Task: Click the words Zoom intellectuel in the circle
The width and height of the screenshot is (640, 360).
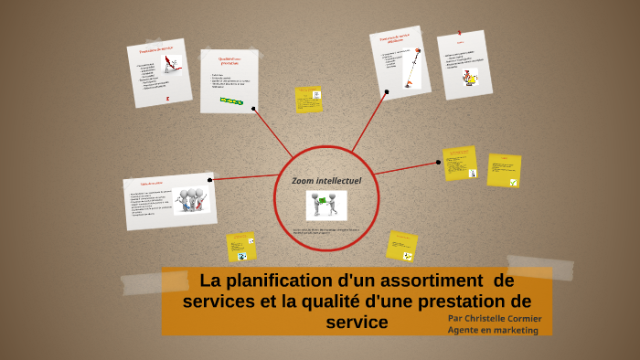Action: [x=326, y=181]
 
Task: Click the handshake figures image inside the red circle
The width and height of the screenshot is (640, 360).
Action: [x=326, y=204]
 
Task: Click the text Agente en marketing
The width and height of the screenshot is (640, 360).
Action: [x=493, y=331]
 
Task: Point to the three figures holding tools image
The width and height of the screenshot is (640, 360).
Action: [x=191, y=199]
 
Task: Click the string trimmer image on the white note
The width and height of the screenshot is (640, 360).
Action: [x=412, y=69]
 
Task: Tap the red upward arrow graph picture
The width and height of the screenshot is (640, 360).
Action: [x=171, y=64]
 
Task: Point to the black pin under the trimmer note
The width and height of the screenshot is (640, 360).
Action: [x=388, y=91]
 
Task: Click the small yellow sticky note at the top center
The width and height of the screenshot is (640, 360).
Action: [x=308, y=99]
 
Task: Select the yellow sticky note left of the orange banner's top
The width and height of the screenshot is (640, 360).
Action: [x=240, y=247]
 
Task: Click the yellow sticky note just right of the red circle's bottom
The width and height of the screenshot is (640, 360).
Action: [x=401, y=246]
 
